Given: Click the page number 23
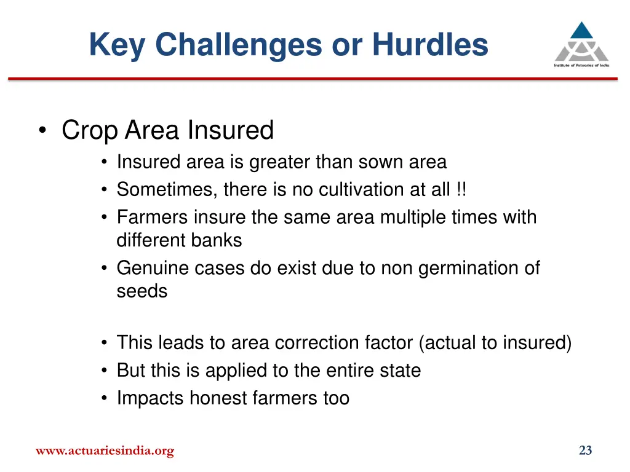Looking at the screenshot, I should (x=585, y=450).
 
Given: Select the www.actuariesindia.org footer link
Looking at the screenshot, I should (x=105, y=451).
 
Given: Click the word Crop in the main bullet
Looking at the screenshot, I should (x=90, y=130).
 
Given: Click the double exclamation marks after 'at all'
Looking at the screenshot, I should (x=461, y=190).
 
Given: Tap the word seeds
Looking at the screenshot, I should (x=142, y=291).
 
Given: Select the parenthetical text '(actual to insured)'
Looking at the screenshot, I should (x=495, y=343).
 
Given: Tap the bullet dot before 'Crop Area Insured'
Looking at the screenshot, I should (x=42, y=131).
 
